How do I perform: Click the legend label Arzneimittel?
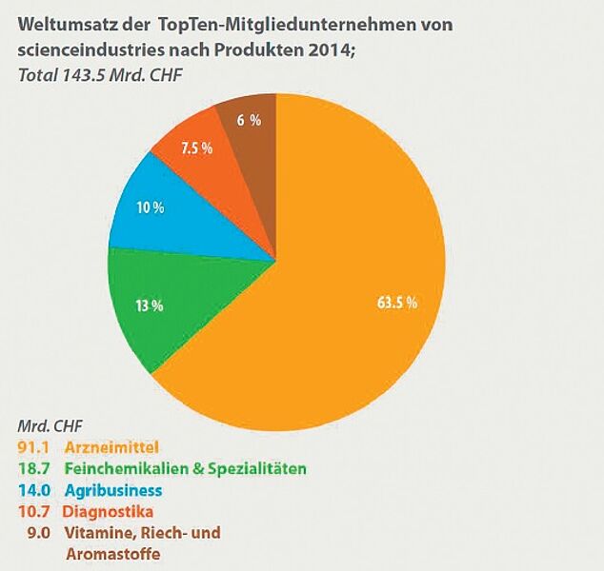coord(111,445)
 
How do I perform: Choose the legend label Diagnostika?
coord(108,513)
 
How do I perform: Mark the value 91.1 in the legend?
coord(33,445)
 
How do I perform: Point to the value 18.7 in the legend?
coord(33,468)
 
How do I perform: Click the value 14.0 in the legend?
coord(33,490)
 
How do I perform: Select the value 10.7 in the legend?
coord(33,513)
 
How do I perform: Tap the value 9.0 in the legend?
coord(39,534)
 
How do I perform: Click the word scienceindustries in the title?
coord(92,49)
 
